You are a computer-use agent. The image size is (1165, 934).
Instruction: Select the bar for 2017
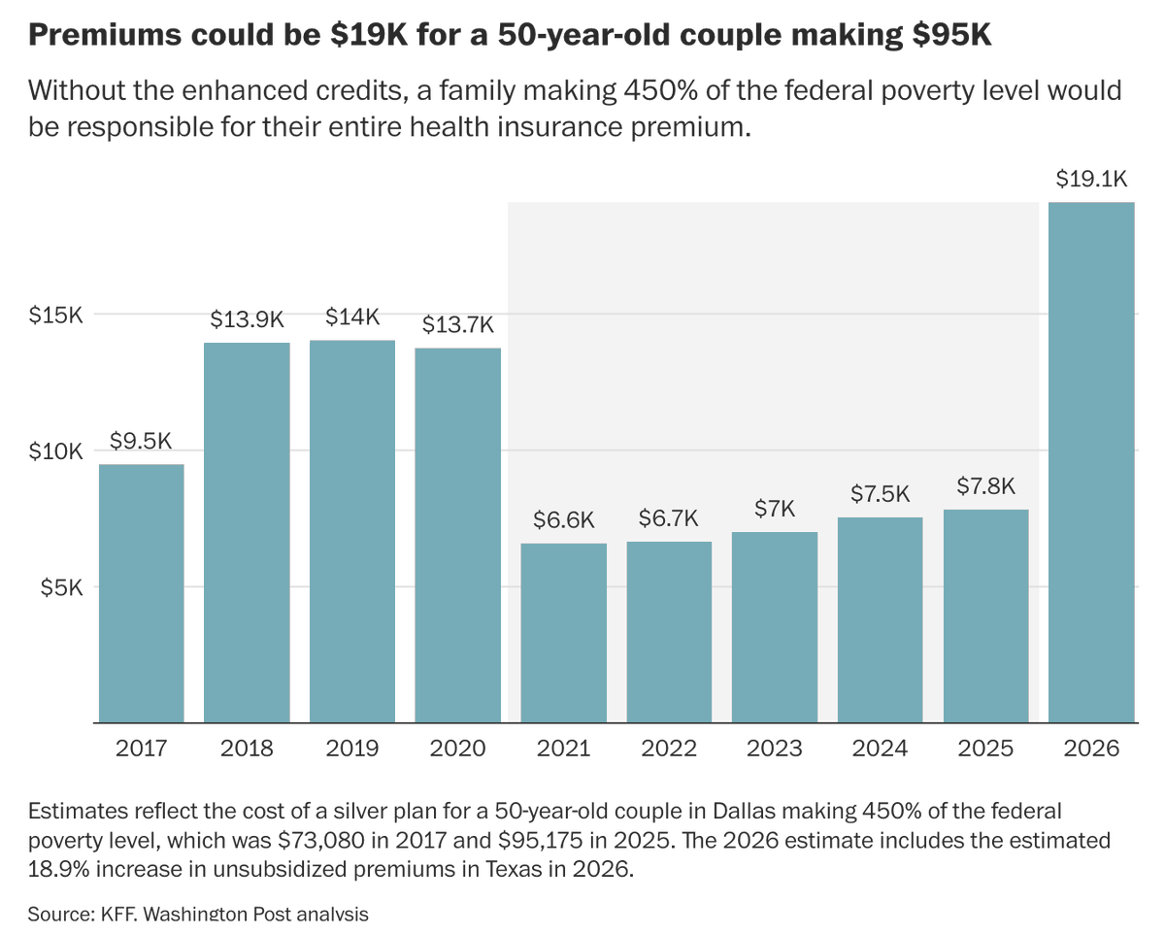tap(142, 593)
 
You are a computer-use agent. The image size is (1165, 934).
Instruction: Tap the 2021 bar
tap(564, 633)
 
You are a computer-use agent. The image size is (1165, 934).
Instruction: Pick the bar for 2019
tap(352, 531)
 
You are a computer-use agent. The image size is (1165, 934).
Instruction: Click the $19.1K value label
tap(1091, 180)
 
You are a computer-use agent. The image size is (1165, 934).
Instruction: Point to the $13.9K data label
tap(247, 319)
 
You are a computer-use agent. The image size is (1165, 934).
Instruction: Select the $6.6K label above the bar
tap(563, 519)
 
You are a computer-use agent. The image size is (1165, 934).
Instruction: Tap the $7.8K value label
tap(986, 486)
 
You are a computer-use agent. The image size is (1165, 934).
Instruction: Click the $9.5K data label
tap(141, 441)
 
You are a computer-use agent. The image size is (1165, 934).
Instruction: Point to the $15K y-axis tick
tap(56, 316)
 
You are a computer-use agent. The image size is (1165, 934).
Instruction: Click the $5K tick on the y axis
tap(62, 587)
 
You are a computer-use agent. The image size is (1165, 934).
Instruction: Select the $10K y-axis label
tap(56, 451)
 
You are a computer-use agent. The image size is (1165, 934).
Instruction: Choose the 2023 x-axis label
tap(775, 749)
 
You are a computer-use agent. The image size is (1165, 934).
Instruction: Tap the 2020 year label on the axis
tap(458, 749)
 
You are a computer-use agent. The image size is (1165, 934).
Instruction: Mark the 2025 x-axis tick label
tap(985, 749)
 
